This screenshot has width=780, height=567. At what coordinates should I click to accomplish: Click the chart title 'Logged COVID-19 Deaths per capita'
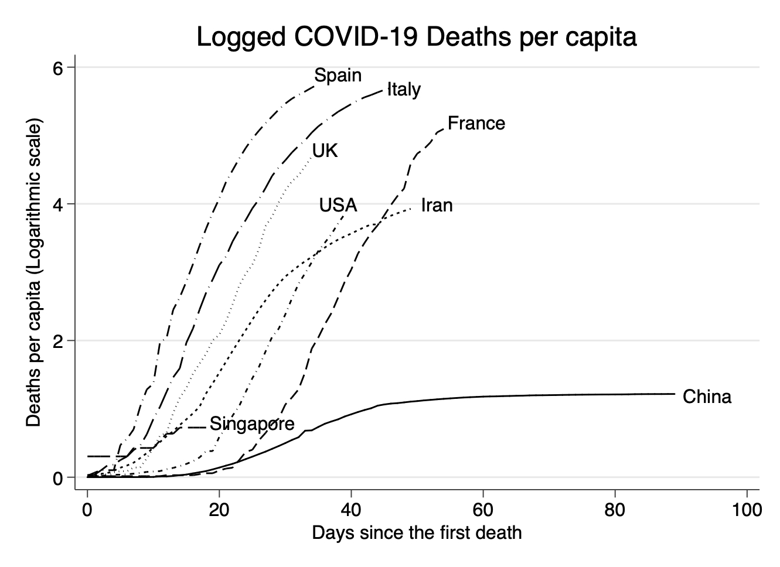[x=417, y=37]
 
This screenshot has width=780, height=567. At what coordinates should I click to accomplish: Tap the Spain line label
[x=338, y=76]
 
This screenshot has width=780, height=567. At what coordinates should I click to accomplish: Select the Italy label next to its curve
[x=404, y=90]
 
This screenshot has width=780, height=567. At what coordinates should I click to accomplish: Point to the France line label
[x=476, y=124]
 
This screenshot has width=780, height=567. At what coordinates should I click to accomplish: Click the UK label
[x=325, y=151]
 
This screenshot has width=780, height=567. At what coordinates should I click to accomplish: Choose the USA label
[x=338, y=205]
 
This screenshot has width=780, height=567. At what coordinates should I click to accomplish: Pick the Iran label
[x=437, y=206]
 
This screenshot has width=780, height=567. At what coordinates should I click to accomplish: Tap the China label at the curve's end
[x=707, y=397]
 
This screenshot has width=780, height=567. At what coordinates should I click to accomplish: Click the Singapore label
[x=252, y=423]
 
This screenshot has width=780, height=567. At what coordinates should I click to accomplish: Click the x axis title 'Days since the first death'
[x=417, y=533]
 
